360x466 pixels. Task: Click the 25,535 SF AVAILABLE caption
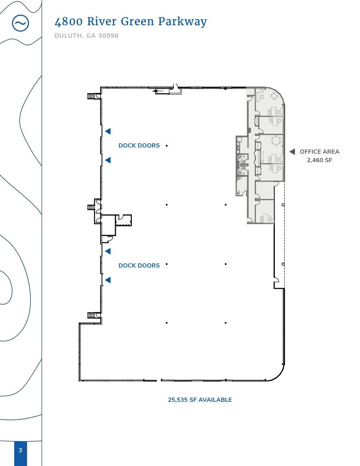point(200,400)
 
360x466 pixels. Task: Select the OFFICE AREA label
point(319,151)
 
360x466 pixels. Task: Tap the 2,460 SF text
point(319,160)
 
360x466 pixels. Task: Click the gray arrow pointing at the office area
point(292,151)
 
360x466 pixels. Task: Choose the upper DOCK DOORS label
point(139,145)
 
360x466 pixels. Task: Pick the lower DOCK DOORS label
point(139,265)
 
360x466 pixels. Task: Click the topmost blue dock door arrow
point(108,131)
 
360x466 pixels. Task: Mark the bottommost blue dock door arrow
point(108,280)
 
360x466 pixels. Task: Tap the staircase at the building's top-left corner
point(93,96)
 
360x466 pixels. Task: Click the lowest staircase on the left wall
point(93,315)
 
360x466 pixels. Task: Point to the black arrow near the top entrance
point(157,92)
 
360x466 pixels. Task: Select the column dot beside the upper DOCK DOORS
point(167,145)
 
